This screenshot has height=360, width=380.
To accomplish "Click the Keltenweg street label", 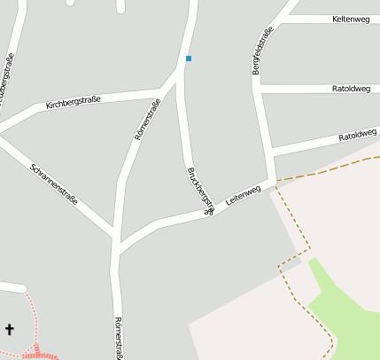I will [350, 19].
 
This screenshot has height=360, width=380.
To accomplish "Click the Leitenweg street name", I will [243, 196].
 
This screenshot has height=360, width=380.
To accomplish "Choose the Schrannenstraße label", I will [54, 184].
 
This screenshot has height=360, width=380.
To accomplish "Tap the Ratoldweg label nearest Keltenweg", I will [350, 89].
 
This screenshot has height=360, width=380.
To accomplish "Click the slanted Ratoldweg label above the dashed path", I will [358, 136].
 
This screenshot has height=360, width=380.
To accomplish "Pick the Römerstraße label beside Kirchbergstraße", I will [147, 122].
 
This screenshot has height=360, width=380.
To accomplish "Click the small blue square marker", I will [188, 59].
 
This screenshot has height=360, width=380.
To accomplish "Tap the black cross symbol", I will [10, 329].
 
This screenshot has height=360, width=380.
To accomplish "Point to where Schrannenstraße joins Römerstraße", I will [117, 242].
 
